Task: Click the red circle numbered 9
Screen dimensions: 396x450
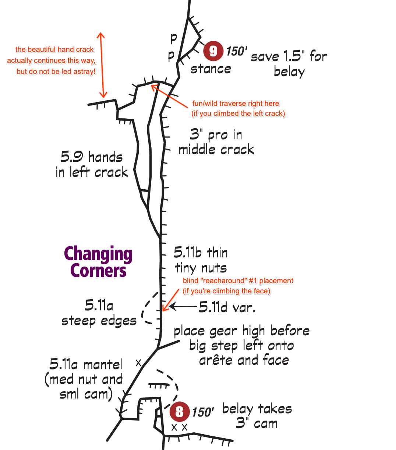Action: pyautogui.click(x=213, y=51)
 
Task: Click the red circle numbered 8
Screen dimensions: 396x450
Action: pyautogui.click(x=180, y=411)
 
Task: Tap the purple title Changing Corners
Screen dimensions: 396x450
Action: pyautogui.click(x=98, y=262)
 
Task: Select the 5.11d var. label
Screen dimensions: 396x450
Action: pyautogui.click(x=227, y=307)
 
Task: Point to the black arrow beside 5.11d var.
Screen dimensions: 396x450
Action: pyautogui.click(x=183, y=306)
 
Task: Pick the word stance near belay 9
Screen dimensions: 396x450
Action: pyautogui.click(x=211, y=69)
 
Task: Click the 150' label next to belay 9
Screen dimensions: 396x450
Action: pyautogui.click(x=237, y=51)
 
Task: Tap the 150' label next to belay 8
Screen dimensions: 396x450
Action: pyautogui.click(x=203, y=412)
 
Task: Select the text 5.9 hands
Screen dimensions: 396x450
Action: pyautogui.click(x=91, y=157)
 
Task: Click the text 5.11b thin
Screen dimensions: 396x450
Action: pyautogui.click(x=201, y=253)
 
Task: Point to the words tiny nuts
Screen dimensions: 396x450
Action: pyautogui.click(x=201, y=268)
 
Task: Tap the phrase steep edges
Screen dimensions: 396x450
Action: pyautogui.click(x=99, y=321)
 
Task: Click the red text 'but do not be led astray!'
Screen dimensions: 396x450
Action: pyautogui.click(x=56, y=72)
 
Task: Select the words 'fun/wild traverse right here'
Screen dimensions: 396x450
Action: pyautogui.click(x=236, y=104)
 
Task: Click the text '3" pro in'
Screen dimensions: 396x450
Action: pyautogui.click(x=216, y=135)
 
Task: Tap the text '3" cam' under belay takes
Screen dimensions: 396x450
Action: pyautogui.click(x=257, y=424)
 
